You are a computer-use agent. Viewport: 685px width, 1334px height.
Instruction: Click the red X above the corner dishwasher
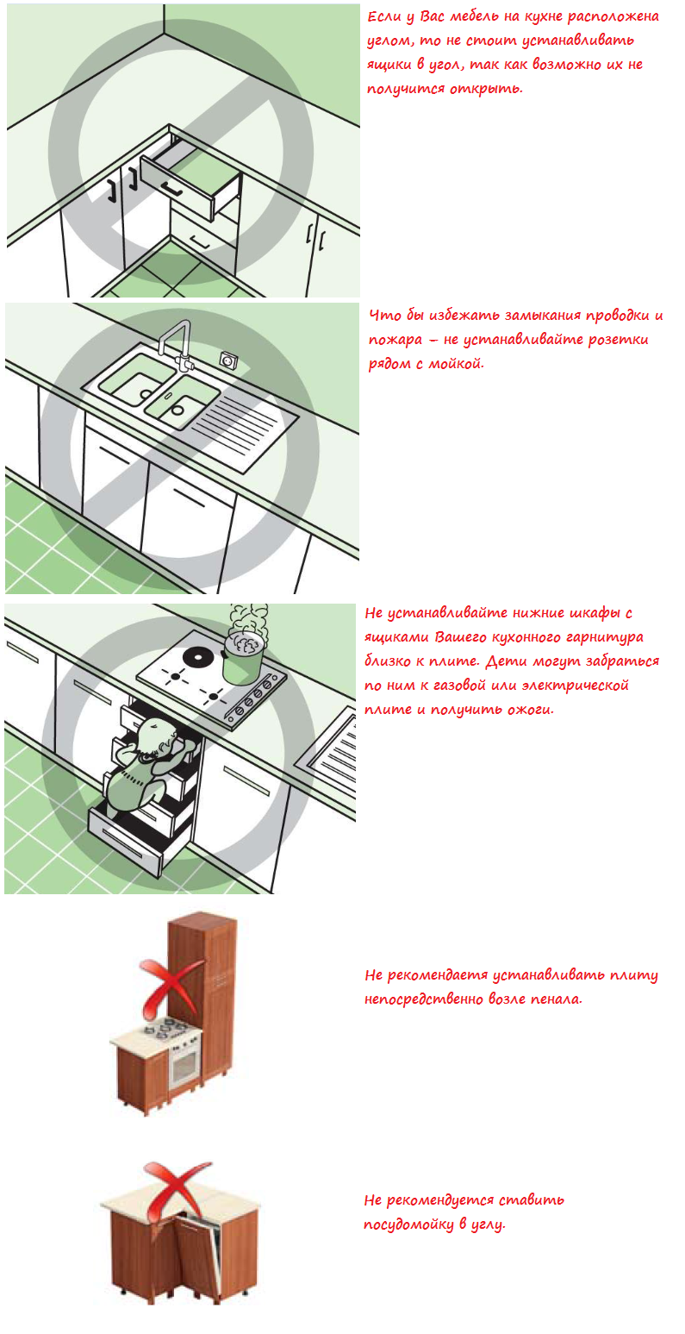[x=172, y=1191]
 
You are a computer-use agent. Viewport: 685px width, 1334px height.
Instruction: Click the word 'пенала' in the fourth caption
[x=555, y=999]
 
